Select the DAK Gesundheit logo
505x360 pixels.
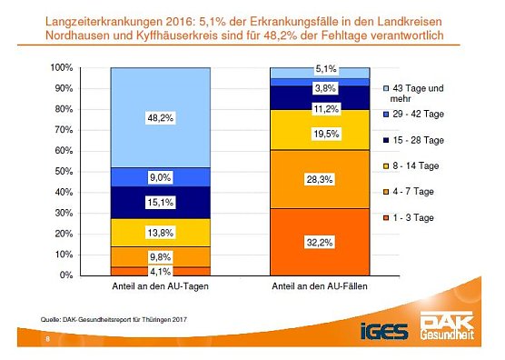pos(446,325)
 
